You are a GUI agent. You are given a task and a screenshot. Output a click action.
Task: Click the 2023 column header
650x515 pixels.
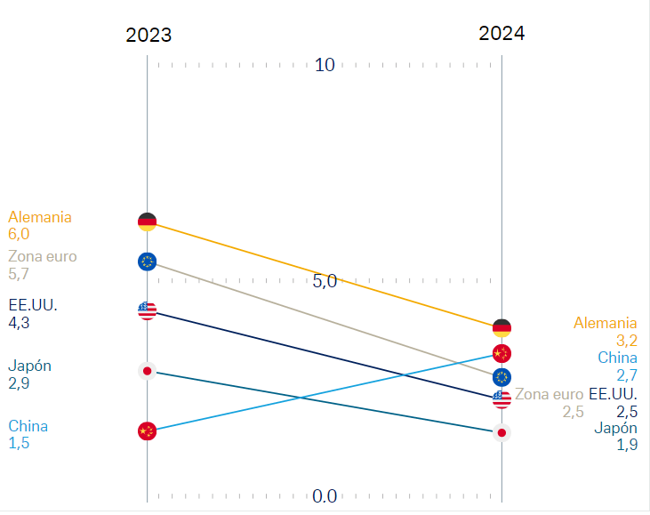tap(148, 36)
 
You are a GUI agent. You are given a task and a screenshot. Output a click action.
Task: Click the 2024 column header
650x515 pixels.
tap(502, 34)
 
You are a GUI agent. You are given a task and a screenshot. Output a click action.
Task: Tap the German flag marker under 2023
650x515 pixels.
tap(148, 221)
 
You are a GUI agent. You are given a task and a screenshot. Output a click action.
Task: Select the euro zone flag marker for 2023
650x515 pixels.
tap(148, 262)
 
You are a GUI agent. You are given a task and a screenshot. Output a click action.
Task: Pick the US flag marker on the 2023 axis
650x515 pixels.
tap(148, 310)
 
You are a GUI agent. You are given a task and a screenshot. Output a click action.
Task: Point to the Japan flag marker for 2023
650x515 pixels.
tap(148, 371)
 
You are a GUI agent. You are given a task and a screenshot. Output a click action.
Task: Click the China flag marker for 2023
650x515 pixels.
tap(148, 431)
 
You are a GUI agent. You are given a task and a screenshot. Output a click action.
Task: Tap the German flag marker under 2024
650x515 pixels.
tap(502, 327)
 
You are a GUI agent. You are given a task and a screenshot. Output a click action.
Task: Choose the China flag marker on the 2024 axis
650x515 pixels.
tap(502, 353)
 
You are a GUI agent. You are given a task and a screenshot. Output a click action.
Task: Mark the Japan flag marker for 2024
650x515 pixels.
tap(502, 433)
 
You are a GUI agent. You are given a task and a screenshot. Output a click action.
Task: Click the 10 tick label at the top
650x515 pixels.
tap(325, 65)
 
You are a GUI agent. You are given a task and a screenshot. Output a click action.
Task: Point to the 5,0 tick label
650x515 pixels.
tap(325, 281)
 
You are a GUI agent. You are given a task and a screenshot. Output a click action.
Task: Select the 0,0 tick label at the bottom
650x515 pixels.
tap(325, 496)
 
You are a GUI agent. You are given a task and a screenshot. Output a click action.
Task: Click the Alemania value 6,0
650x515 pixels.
tap(19, 234)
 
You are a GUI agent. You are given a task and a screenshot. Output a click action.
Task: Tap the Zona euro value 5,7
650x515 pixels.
tap(19, 275)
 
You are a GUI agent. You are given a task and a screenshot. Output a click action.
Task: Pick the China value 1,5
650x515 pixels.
tap(19, 443)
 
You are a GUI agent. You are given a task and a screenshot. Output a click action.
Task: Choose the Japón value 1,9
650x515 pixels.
tap(627, 445)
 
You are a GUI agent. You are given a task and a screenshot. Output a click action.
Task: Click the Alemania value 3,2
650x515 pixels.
tap(627, 340)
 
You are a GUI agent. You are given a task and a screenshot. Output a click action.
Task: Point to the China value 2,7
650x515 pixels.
tap(627, 374)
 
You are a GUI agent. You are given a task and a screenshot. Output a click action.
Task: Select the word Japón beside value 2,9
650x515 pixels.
tap(29, 366)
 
